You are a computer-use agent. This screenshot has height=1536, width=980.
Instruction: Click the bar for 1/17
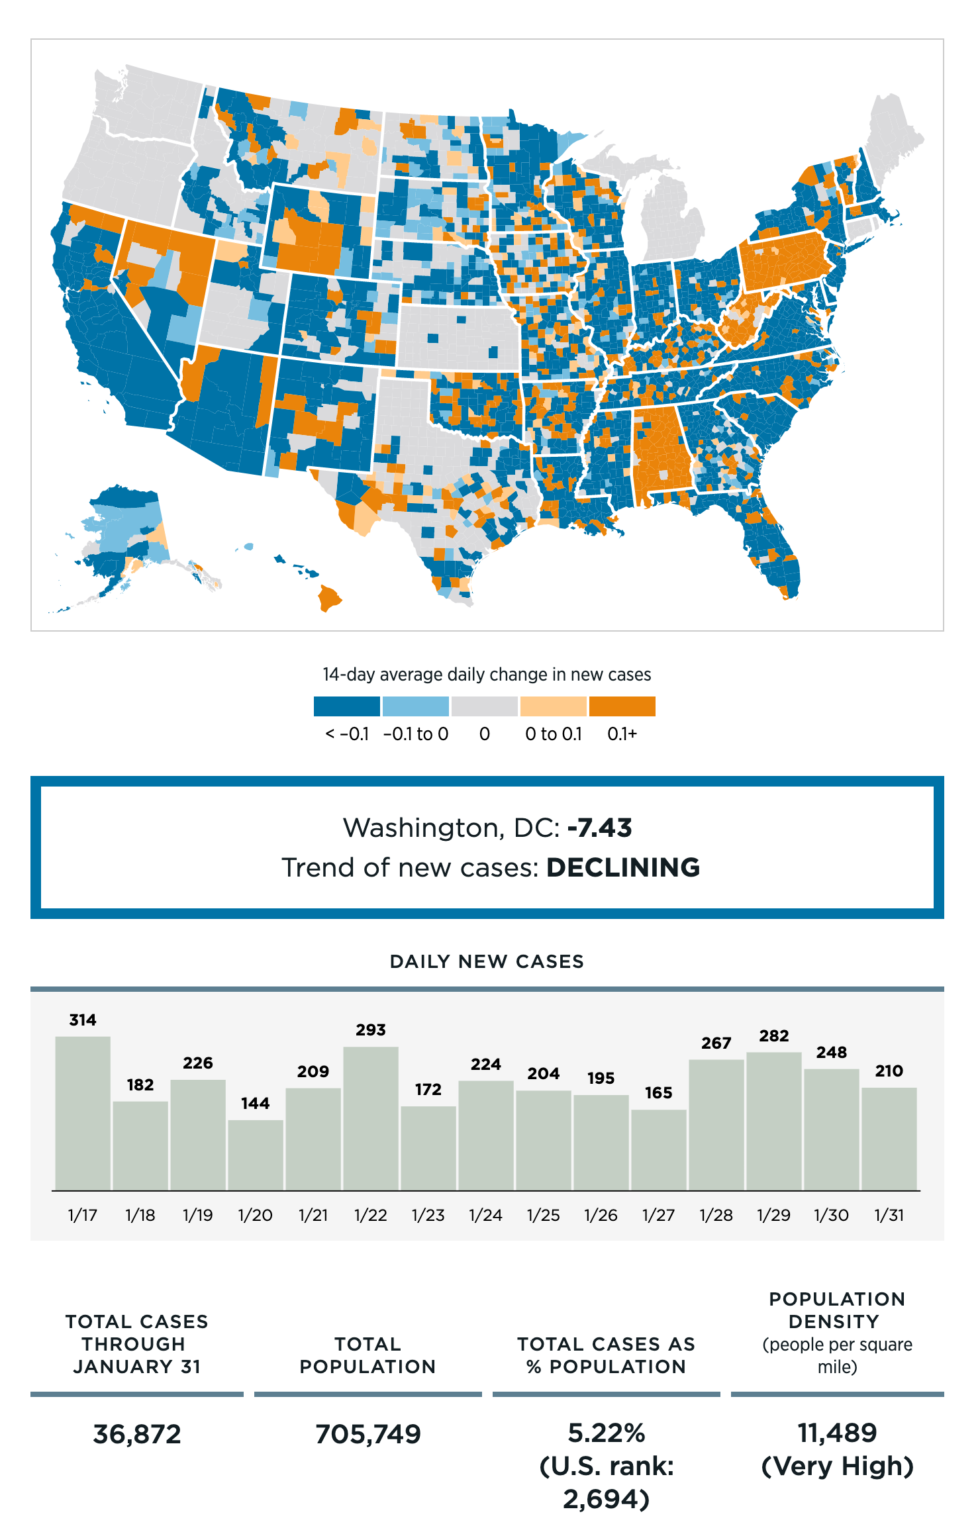[x=83, y=1113]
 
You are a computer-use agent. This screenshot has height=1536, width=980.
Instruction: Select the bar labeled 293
[x=371, y=1118]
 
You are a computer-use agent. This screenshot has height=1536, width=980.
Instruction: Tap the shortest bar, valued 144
[x=256, y=1155]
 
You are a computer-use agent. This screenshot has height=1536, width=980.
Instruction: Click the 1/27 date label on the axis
[x=658, y=1215]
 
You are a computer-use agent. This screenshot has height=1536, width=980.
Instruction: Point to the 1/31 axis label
[x=889, y=1215]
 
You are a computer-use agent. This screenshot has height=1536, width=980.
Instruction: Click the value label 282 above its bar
[x=773, y=1036]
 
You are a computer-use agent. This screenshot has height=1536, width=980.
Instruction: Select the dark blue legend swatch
[x=347, y=706]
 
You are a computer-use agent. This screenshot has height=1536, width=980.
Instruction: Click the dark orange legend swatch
[x=622, y=706]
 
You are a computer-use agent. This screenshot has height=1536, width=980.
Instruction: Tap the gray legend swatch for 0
[x=484, y=706]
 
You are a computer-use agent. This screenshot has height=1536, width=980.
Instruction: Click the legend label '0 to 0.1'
[x=553, y=734]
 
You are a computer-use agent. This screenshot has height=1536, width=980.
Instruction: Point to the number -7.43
[x=600, y=828]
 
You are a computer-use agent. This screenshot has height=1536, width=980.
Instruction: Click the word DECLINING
[x=623, y=867]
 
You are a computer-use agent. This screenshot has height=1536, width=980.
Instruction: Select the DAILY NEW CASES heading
[x=487, y=961]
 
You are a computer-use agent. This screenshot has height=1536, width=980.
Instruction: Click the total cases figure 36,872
[x=137, y=1434]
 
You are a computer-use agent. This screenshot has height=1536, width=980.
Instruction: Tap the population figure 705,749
[x=368, y=1434]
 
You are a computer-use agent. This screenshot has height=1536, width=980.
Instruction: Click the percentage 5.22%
[x=607, y=1433]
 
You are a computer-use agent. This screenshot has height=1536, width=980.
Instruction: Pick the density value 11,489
[x=837, y=1433]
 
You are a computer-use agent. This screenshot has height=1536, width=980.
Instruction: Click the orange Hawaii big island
[x=329, y=597]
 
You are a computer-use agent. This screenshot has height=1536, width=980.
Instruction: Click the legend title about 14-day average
[x=487, y=675]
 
